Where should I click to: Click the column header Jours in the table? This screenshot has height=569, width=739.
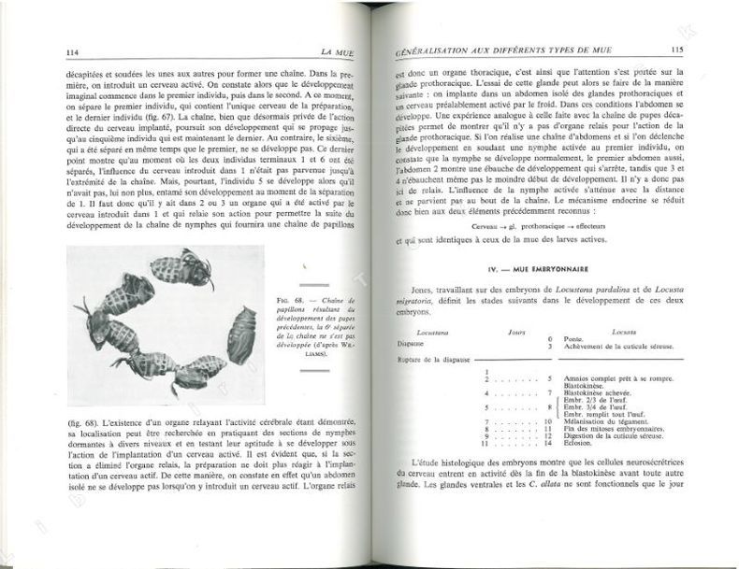click(x=514, y=331)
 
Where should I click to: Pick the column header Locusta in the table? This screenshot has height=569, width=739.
click(x=624, y=331)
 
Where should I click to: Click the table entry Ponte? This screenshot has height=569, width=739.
click(x=576, y=339)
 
